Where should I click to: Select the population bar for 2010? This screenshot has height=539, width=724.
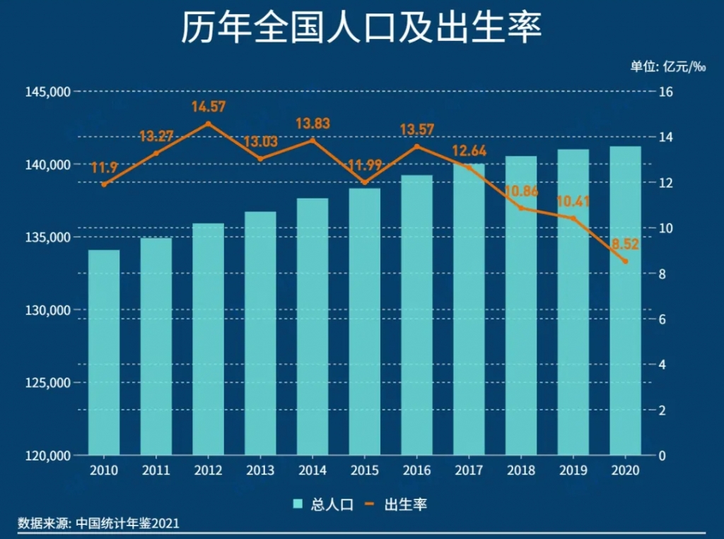click(104, 353)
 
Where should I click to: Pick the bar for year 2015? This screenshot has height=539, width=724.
click(364, 321)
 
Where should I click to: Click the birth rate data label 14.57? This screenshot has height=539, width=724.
click(208, 107)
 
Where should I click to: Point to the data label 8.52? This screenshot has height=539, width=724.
click(625, 244)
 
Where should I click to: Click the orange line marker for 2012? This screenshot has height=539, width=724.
click(208, 124)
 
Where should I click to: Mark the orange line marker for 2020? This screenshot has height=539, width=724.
click(625, 261)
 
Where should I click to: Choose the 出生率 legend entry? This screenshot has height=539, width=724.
click(396, 504)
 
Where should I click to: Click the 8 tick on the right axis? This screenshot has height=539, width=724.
click(663, 274)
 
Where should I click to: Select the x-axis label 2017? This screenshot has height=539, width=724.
click(469, 471)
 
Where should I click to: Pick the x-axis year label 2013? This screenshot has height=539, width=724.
click(260, 471)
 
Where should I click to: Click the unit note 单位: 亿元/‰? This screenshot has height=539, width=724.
click(668, 66)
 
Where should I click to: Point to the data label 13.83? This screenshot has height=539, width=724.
click(313, 124)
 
